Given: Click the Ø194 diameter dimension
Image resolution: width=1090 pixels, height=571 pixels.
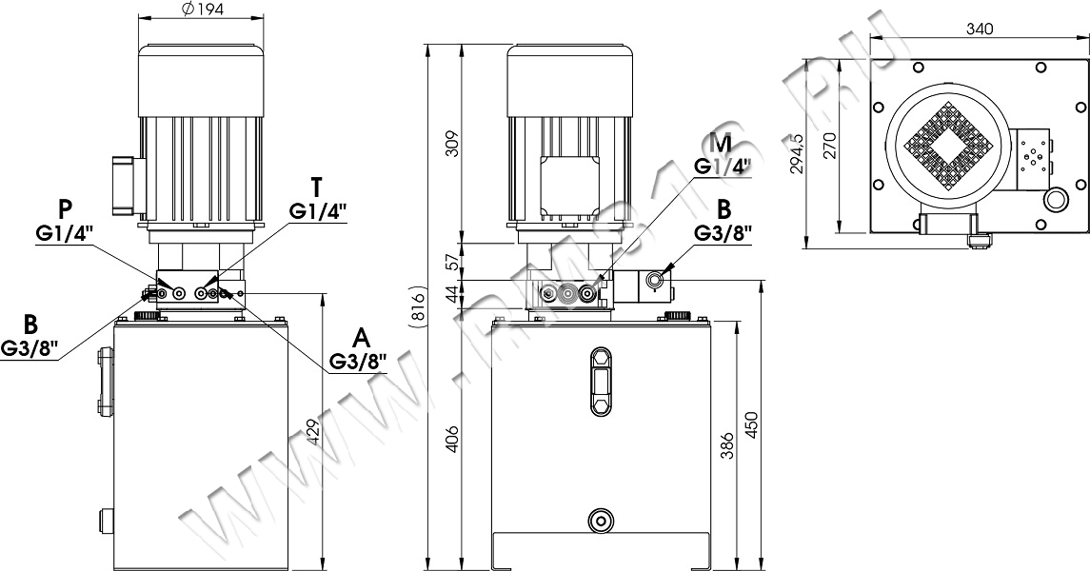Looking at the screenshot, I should pyautogui.click(x=201, y=9).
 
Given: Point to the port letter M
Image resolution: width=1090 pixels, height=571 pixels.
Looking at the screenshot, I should pyautogui.click(x=723, y=145).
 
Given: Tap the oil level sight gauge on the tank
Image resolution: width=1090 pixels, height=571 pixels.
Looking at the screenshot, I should pyautogui.click(x=600, y=381).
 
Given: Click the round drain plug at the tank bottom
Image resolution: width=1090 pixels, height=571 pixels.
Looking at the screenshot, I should pyautogui.click(x=600, y=520).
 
